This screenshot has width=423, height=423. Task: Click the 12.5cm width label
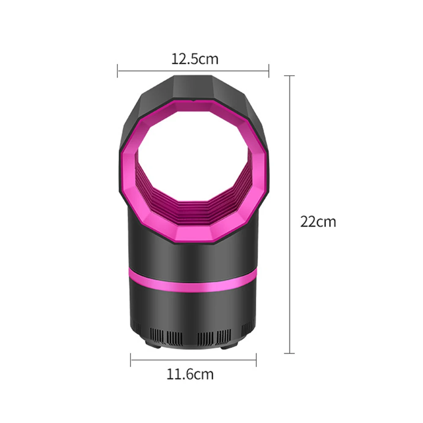195,59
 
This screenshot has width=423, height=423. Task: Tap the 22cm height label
318,221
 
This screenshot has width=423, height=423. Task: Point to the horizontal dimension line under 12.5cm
193,71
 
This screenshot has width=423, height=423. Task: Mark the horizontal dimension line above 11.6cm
193,360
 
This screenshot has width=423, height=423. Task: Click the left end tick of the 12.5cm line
118,71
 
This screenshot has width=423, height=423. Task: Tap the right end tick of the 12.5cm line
269,71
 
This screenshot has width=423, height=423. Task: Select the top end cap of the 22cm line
289,76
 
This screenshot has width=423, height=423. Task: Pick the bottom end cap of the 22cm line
289,353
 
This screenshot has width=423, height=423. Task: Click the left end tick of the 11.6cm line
131,360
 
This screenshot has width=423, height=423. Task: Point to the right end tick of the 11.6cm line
256,360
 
